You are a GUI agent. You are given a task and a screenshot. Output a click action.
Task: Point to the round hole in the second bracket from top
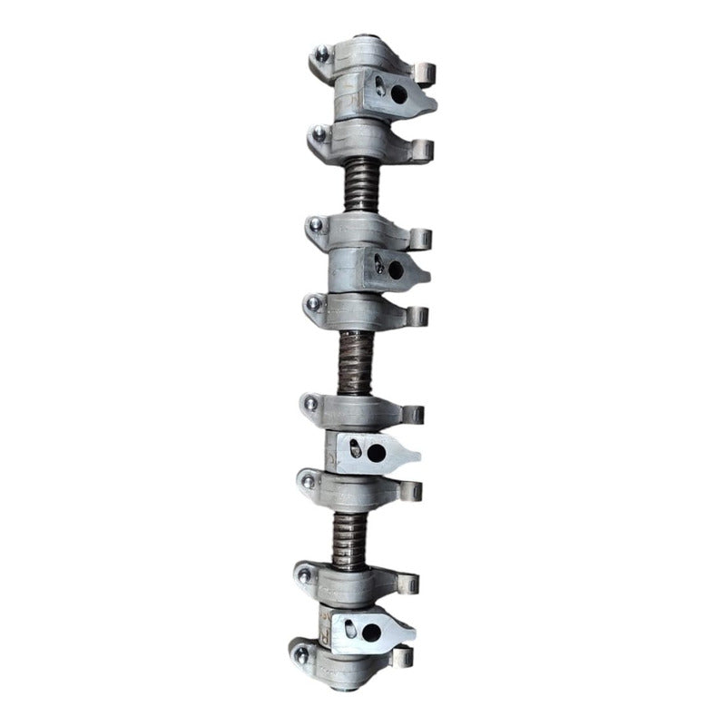(x=395, y=269)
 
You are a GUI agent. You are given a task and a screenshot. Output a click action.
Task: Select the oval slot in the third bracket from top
(x=354, y=445)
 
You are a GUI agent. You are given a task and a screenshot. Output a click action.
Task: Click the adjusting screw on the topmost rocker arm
(x=321, y=54)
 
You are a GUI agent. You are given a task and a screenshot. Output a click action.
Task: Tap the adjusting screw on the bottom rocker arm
(x=300, y=652)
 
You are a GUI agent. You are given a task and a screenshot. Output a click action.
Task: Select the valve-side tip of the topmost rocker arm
(x=424, y=71)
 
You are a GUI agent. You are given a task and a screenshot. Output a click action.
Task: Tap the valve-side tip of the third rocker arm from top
(x=419, y=238)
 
